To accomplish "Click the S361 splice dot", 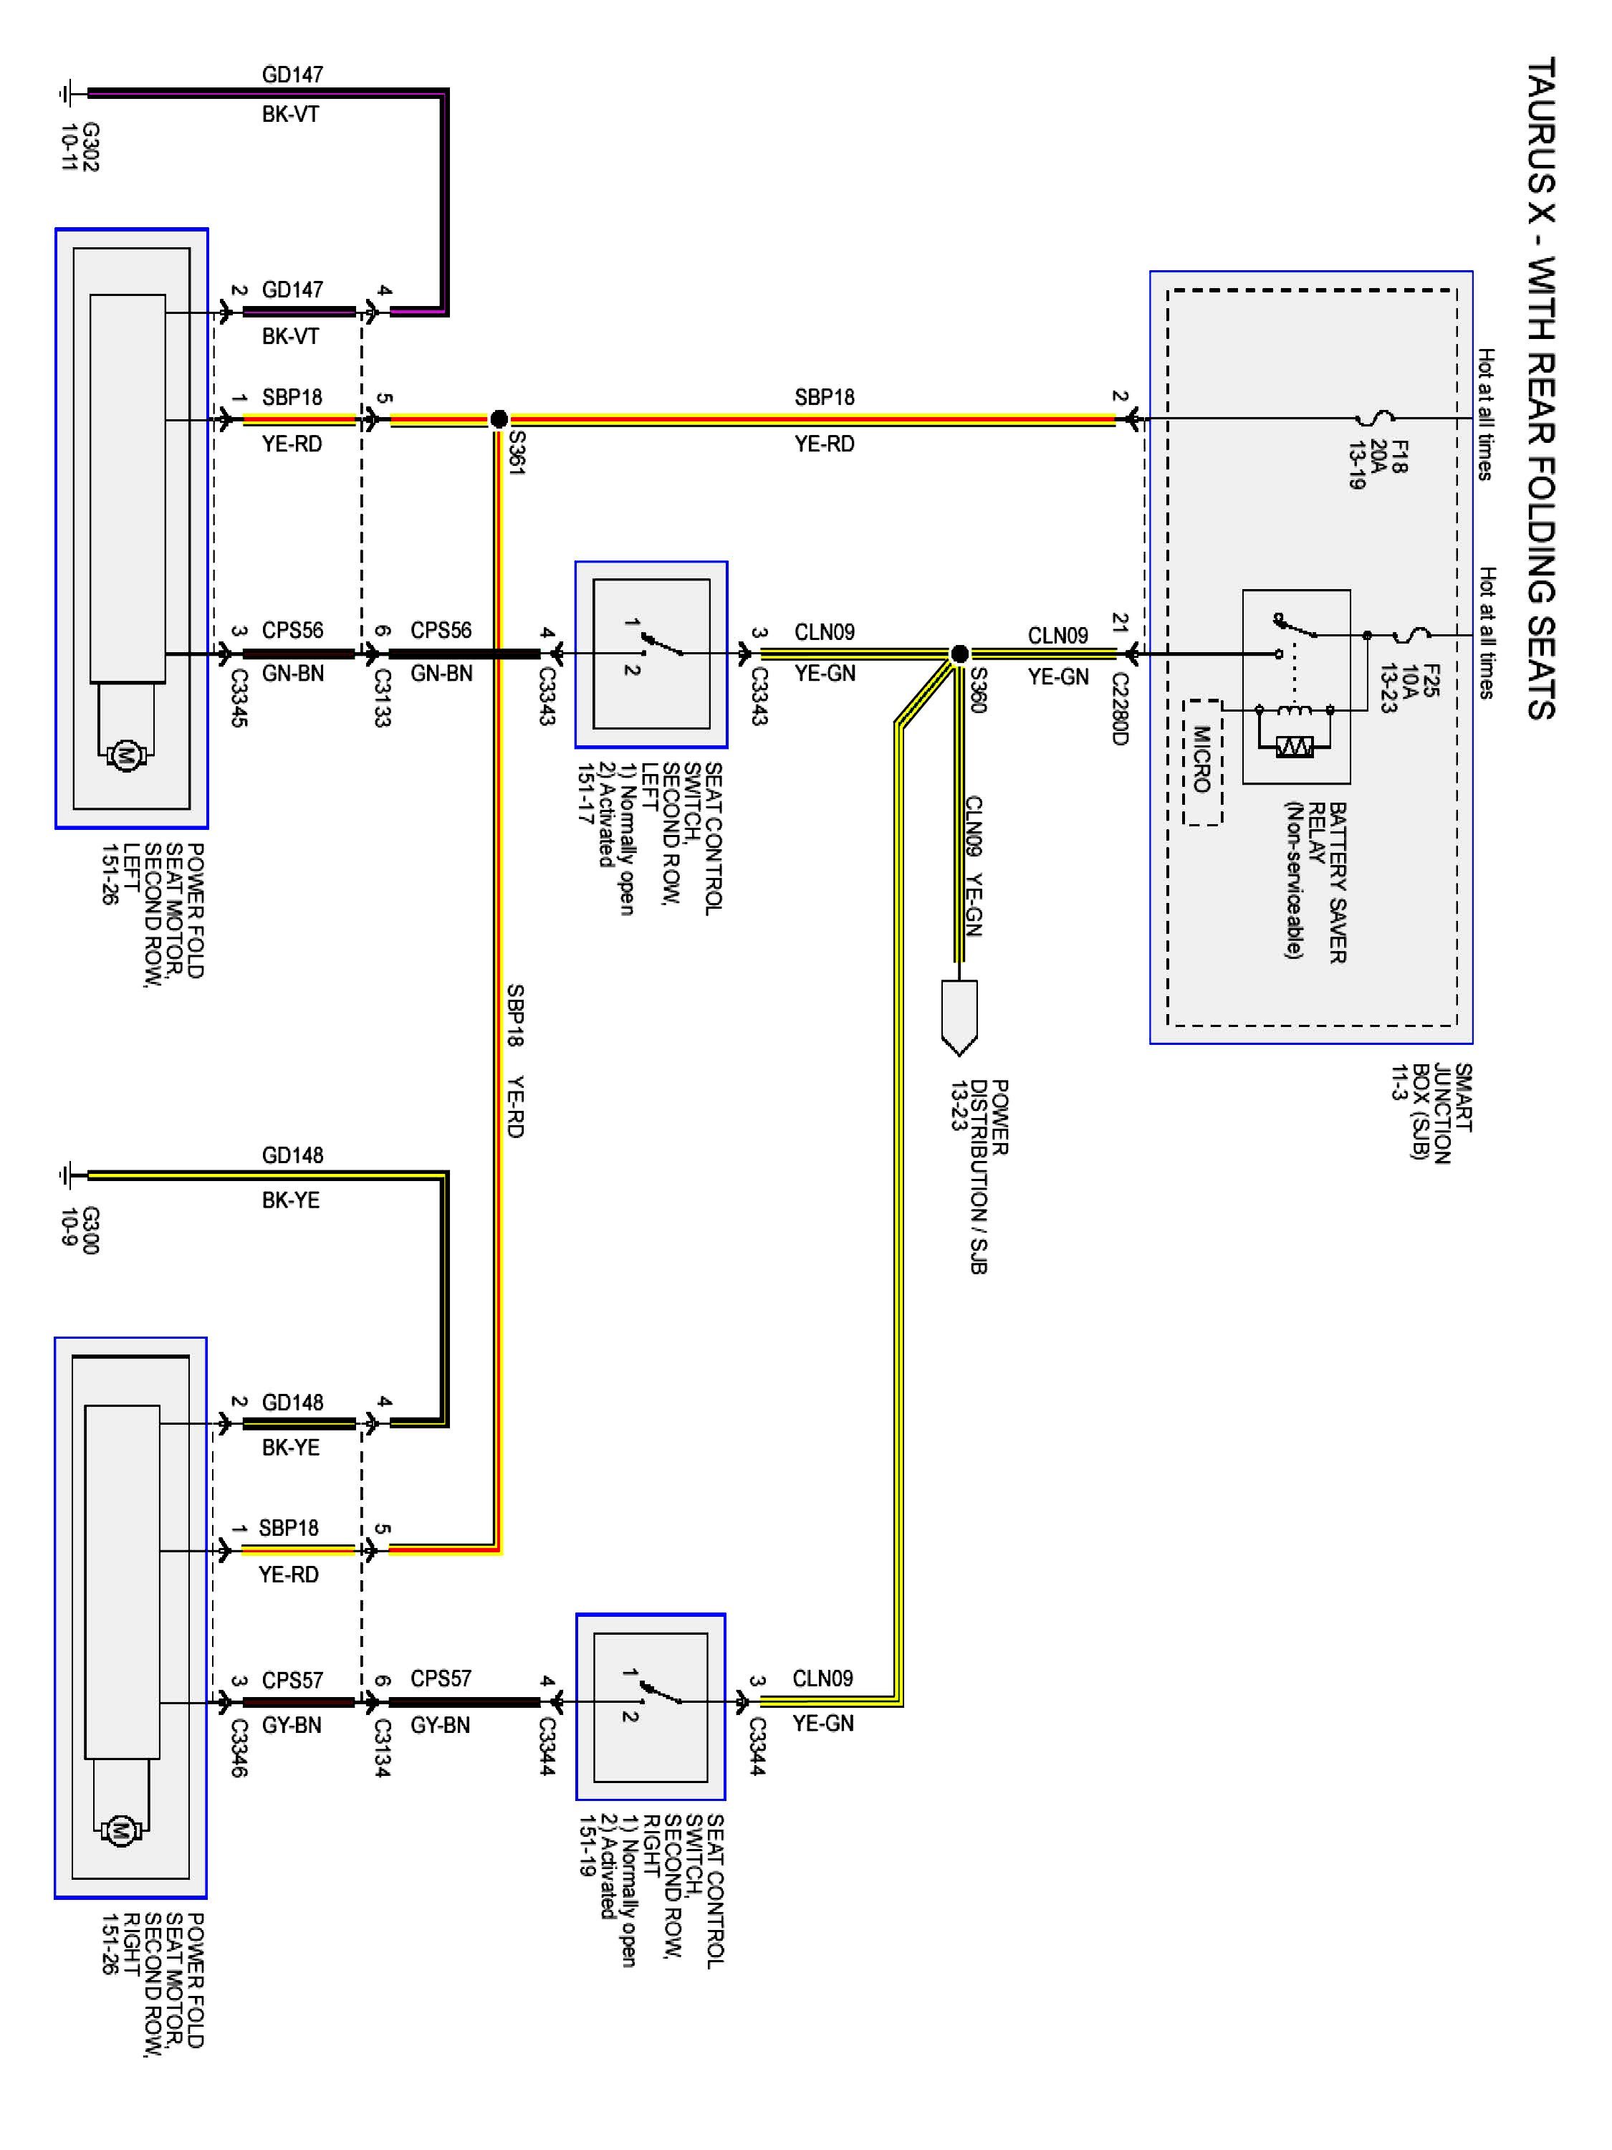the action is coord(499,420).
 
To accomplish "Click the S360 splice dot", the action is coord(959,653).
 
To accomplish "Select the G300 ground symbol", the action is coord(68,1175).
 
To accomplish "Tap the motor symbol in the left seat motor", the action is coord(125,754).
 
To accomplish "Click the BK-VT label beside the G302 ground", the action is coord(291,115).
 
